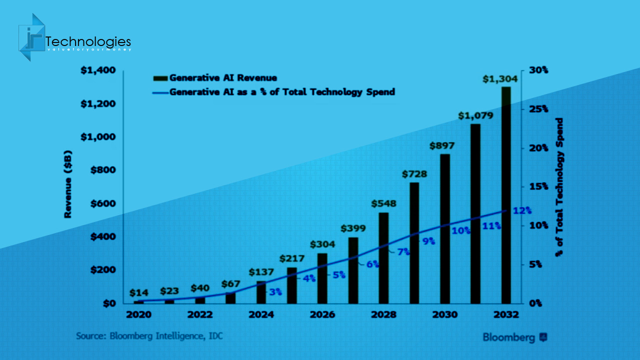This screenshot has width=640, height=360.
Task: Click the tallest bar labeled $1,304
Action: (506, 195)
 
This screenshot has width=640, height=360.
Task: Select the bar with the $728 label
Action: (414, 243)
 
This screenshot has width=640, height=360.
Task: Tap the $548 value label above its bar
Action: (383, 204)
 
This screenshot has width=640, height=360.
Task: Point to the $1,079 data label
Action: (475, 115)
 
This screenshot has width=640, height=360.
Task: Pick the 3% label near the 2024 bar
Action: (275, 291)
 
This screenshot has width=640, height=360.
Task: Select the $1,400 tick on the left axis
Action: (98, 70)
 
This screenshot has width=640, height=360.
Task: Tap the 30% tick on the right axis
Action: (538, 70)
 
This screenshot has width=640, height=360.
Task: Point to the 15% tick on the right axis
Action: (538, 186)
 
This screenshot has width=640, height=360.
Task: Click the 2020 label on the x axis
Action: (138, 315)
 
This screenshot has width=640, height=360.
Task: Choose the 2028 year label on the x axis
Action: (383, 315)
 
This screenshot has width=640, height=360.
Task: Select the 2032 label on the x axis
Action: (506, 315)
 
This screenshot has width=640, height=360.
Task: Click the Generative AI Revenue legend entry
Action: (215, 78)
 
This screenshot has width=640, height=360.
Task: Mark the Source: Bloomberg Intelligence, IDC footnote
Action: (149, 336)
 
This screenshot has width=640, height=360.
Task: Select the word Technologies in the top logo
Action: (88, 41)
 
